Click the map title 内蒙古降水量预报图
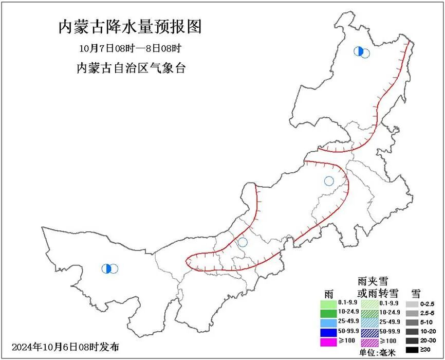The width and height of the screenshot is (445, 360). tap(129, 27)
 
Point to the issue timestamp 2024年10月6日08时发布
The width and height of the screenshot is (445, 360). tap(65, 346)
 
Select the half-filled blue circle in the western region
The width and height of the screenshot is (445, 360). tap(107, 268)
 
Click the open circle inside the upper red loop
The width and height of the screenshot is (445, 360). tap(329, 181)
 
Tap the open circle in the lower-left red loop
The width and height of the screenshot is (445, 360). tap(243, 242)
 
